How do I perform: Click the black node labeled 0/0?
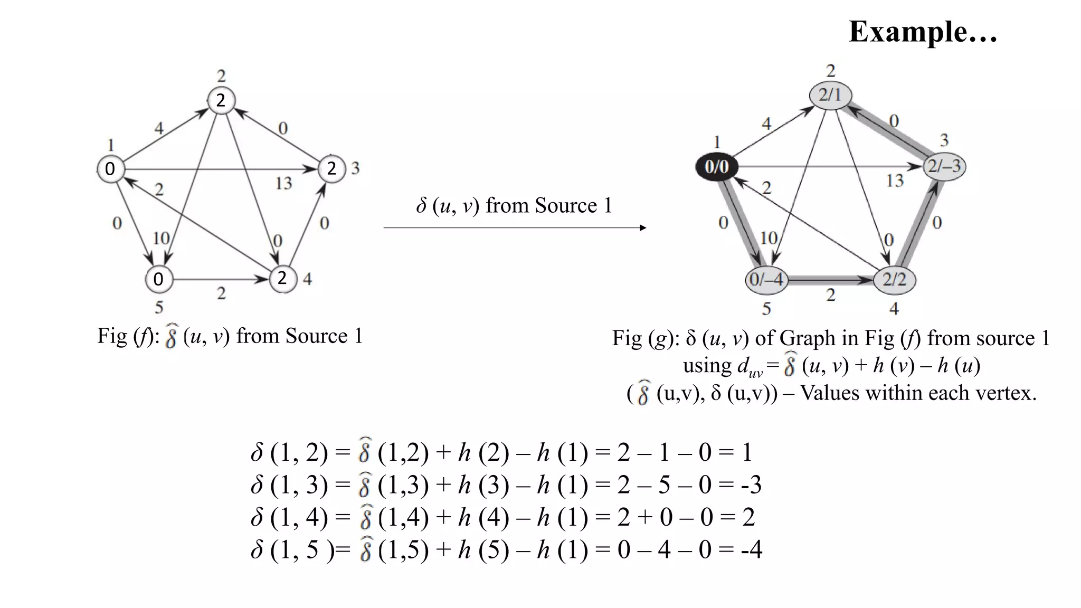pos(716,167)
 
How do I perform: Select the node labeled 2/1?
pos(831,95)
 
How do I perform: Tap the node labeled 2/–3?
pos(944,167)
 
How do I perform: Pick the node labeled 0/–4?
pos(766,279)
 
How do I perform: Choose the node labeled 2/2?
pos(895,279)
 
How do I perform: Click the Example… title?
pos(923,32)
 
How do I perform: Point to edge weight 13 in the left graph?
pos(283,183)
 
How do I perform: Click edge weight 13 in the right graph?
pos(895,180)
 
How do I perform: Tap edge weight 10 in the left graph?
pos(161,238)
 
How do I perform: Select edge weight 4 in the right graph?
pos(766,124)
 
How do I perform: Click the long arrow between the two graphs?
pos(515,228)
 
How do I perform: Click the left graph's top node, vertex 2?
pos(221,100)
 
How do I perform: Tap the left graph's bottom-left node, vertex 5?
pos(158,279)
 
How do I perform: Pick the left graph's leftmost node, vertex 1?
pos(110,169)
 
